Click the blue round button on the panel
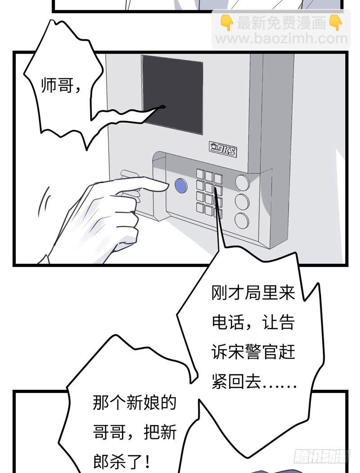pos(180,186)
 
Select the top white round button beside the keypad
pos(242,182)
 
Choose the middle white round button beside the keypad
pos(242,202)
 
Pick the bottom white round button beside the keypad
pos(242,221)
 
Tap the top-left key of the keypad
pos(200,173)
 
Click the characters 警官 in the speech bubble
pos(261,352)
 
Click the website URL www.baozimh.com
pos(282,39)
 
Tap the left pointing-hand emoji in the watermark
pos(226,23)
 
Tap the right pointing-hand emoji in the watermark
pos(335,23)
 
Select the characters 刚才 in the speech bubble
pos(228,293)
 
